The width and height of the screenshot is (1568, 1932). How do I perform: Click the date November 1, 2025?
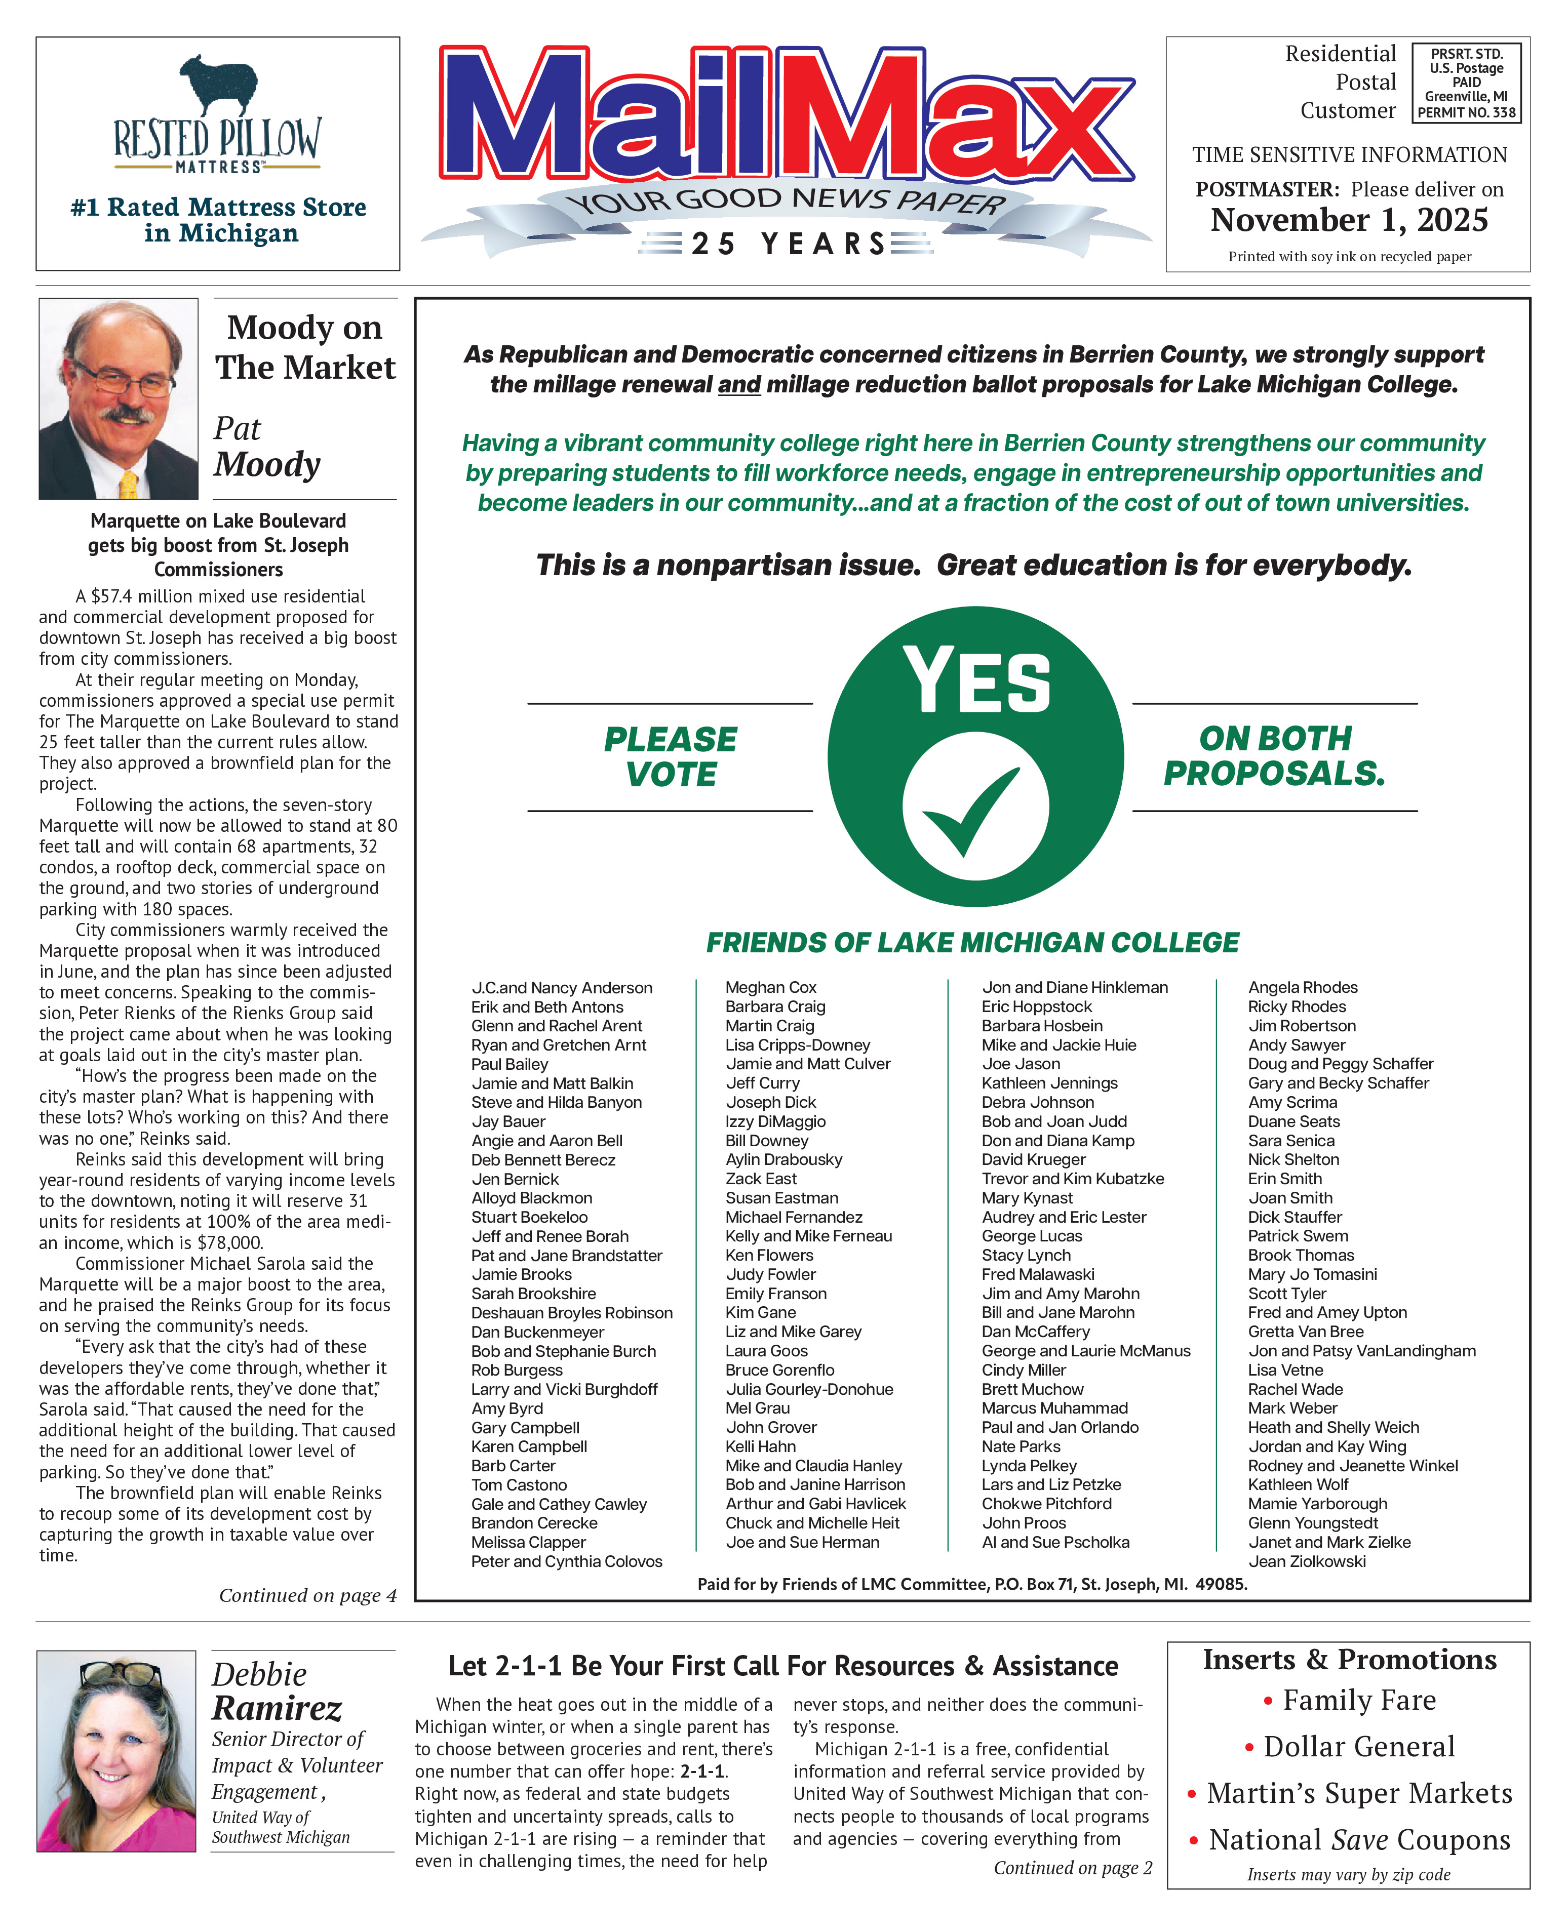(x=1349, y=220)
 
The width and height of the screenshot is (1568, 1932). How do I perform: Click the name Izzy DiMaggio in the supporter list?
(x=775, y=1121)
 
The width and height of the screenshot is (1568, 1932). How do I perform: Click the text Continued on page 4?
(x=307, y=1595)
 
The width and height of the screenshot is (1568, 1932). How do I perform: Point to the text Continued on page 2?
(x=1072, y=1868)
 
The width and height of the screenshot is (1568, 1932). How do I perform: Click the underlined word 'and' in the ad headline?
(x=739, y=385)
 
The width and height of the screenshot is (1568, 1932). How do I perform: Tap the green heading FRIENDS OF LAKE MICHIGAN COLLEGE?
(x=972, y=943)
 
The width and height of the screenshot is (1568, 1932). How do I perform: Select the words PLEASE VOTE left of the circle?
(x=670, y=756)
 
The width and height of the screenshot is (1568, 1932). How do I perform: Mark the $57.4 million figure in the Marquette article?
(x=134, y=597)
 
